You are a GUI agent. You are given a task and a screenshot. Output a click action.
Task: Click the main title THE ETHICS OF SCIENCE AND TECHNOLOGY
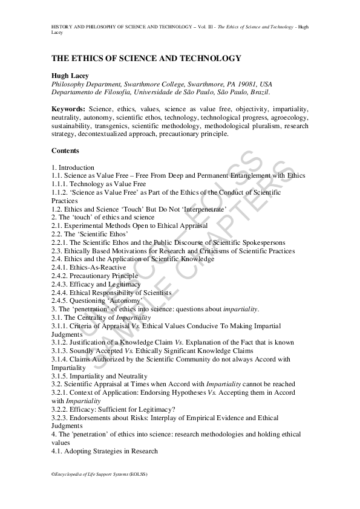146,59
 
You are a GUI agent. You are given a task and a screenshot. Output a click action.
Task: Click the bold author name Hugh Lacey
69,76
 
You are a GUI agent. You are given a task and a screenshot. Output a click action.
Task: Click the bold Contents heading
65,151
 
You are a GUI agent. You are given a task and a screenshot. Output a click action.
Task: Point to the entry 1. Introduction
73,167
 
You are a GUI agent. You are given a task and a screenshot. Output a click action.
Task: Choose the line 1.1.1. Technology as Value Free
99,183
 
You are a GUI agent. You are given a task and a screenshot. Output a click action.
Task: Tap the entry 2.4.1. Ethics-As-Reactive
89,267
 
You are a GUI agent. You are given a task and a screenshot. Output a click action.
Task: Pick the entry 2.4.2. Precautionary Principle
94,276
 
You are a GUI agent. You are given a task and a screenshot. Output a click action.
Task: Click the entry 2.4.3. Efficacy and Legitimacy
96,284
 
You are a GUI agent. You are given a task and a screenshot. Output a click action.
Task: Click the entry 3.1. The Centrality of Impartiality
101,317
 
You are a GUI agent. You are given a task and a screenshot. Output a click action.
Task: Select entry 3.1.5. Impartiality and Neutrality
99,375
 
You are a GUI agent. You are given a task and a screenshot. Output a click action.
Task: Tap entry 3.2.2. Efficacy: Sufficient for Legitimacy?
113,409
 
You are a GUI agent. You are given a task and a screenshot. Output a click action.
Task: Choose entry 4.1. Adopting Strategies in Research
105,451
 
